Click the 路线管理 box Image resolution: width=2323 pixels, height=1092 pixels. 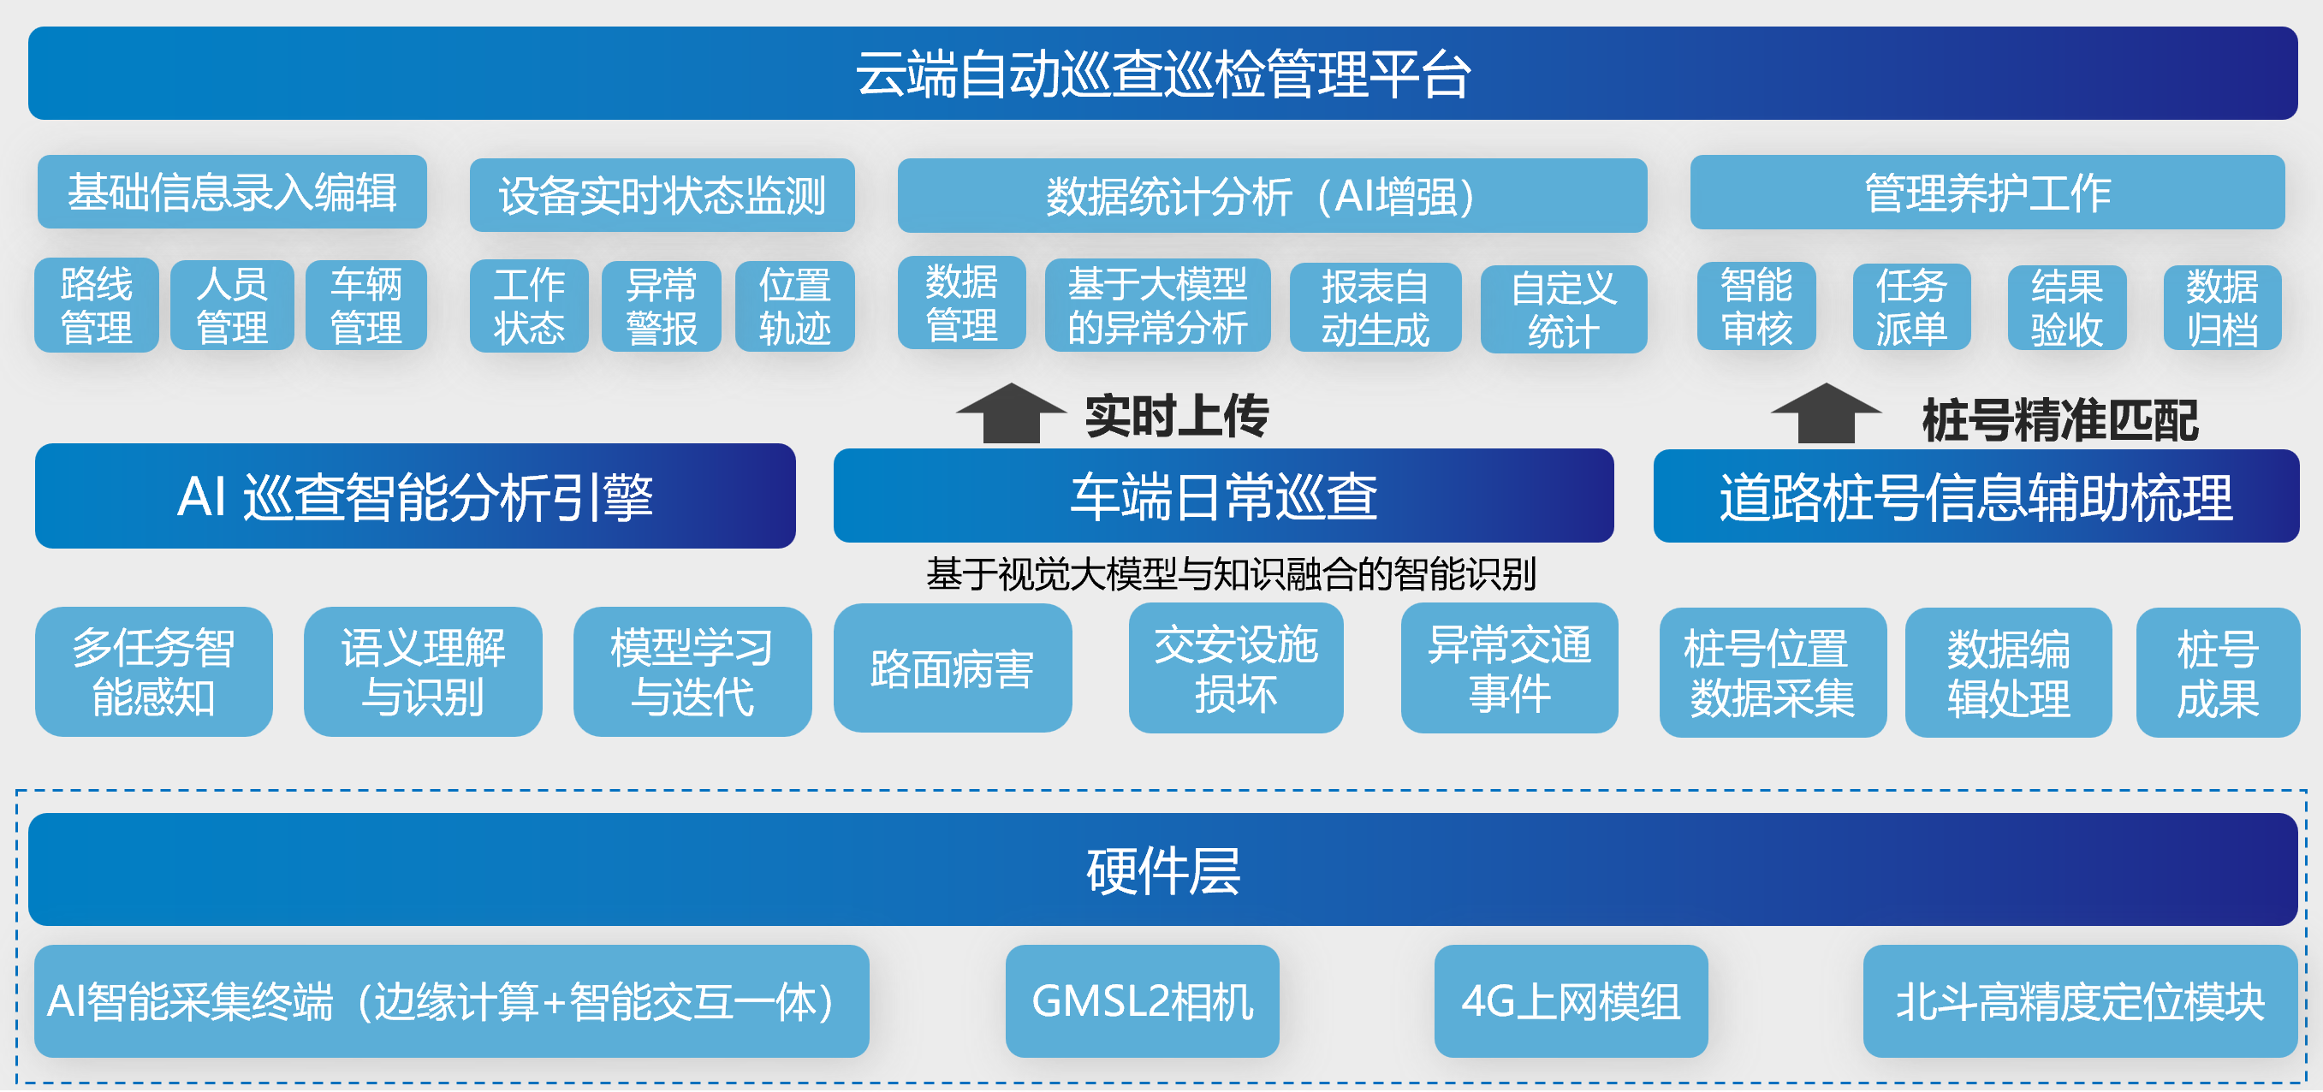click(97, 306)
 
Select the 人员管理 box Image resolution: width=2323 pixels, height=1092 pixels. click(232, 306)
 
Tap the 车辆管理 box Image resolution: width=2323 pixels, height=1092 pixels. click(366, 306)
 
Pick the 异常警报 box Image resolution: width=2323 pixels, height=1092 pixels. click(661, 306)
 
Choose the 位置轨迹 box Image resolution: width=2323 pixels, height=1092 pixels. click(794, 306)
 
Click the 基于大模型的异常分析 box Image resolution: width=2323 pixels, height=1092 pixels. click(1157, 306)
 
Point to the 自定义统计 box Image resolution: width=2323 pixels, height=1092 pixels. click(1563, 309)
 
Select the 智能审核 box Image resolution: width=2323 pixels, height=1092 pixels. click(1756, 306)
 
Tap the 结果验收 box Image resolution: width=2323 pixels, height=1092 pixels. click(2066, 307)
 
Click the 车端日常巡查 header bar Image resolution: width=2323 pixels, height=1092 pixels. click(1223, 496)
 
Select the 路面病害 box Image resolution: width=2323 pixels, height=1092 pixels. click(953, 668)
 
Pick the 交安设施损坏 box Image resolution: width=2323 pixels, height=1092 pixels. click(1235, 668)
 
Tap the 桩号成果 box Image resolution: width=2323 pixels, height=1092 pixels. click(2218, 673)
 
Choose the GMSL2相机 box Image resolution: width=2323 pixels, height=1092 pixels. click(1142, 1001)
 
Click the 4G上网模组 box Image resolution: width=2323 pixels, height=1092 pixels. click(1570, 1001)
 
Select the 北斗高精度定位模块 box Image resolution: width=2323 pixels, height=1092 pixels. click(2080, 1001)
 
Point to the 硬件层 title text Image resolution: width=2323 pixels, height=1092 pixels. click(1162, 870)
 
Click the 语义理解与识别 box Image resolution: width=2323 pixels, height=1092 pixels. click(423, 672)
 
